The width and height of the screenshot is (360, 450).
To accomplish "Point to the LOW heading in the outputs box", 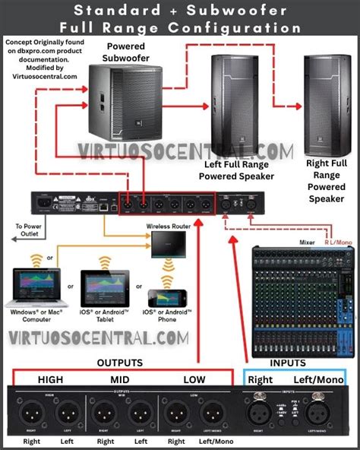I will click(x=195, y=379).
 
